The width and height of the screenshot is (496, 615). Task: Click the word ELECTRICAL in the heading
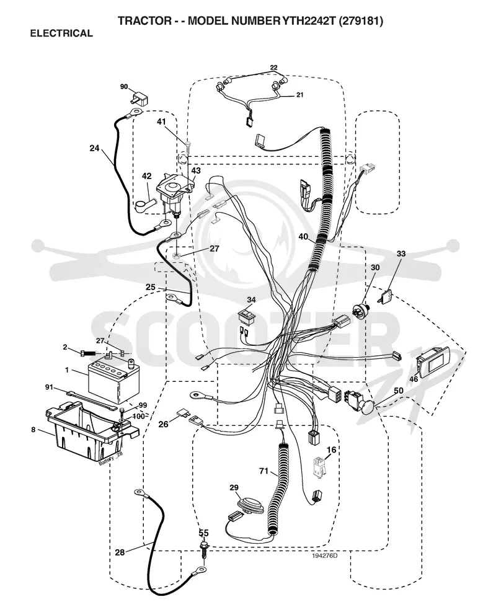(61, 33)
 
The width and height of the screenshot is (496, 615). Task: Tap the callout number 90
(124, 86)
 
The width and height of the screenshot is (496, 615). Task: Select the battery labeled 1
(108, 378)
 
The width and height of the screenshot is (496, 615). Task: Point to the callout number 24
(94, 148)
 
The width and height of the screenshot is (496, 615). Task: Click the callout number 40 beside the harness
(303, 237)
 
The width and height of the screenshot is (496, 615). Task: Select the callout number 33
(401, 254)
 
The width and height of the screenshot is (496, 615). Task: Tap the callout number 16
(331, 449)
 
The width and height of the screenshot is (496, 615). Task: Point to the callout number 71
(263, 471)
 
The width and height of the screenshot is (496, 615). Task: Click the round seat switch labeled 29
(250, 507)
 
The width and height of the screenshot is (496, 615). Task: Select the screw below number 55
(204, 551)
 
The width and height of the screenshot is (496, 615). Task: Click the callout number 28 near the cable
(120, 552)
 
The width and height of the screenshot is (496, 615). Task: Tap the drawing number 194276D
(325, 555)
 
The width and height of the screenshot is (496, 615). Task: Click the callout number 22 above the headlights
(273, 68)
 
